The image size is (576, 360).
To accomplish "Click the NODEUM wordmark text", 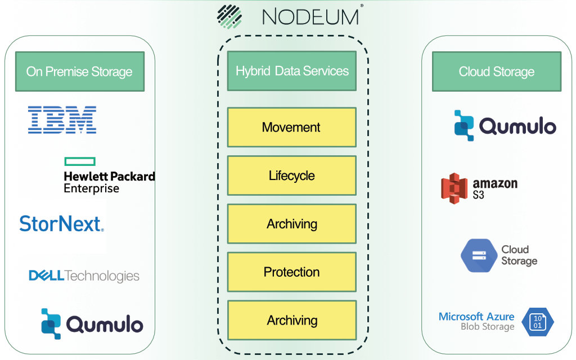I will click(310, 16).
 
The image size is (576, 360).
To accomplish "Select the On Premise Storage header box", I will click(79, 71).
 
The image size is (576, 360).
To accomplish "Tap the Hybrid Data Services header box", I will click(291, 71).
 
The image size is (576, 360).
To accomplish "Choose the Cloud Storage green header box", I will click(496, 71).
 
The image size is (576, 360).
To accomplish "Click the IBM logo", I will click(62, 120).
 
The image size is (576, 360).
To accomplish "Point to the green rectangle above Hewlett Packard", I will click(79, 161).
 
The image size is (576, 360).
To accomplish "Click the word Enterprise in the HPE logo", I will click(91, 188).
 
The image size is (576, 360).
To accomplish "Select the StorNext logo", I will click(61, 223).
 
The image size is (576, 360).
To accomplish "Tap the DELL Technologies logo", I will click(84, 276).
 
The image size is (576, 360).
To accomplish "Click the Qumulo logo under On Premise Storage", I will click(92, 324).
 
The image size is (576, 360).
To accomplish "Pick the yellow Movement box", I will click(291, 127).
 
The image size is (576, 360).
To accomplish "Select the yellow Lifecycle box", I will click(291, 175).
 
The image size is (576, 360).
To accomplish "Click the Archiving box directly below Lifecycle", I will click(291, 224).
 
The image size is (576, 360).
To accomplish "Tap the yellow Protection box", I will click(291, 272).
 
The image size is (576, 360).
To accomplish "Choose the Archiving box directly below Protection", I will click(291, 321).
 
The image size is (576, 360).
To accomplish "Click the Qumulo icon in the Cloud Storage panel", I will click(464, 125).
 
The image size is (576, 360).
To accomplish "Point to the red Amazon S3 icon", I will click(454, 188).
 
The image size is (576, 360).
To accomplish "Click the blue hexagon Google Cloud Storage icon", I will click(479, 255).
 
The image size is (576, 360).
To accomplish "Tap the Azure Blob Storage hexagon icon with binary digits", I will click(538, 322).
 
